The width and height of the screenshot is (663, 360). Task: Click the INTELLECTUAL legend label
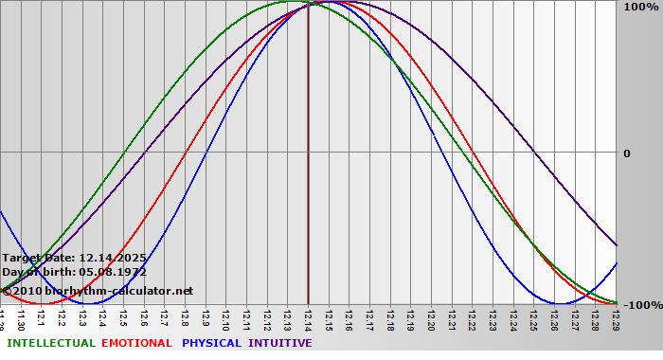51,343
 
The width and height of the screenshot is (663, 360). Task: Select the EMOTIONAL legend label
136,343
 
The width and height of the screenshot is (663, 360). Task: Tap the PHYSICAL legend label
212,343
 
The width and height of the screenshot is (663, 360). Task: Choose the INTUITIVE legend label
280,343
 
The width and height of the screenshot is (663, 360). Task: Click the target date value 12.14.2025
113,258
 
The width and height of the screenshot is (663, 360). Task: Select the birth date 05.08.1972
106,272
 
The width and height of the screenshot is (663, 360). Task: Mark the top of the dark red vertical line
308,4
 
